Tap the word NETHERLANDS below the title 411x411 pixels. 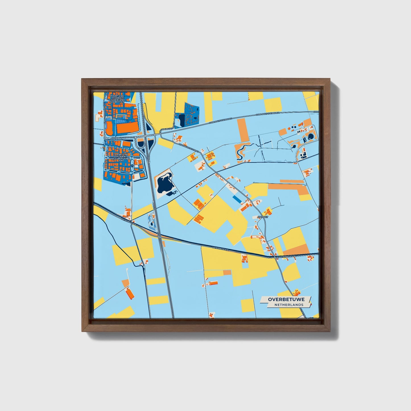pos(288,305)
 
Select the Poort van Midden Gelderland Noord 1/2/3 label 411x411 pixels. pos(119,98)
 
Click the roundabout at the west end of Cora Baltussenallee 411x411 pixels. pos(105,138)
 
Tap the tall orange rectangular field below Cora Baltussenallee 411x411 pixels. pos(243,130)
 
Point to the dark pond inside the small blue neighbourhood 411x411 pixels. pos(181,123)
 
